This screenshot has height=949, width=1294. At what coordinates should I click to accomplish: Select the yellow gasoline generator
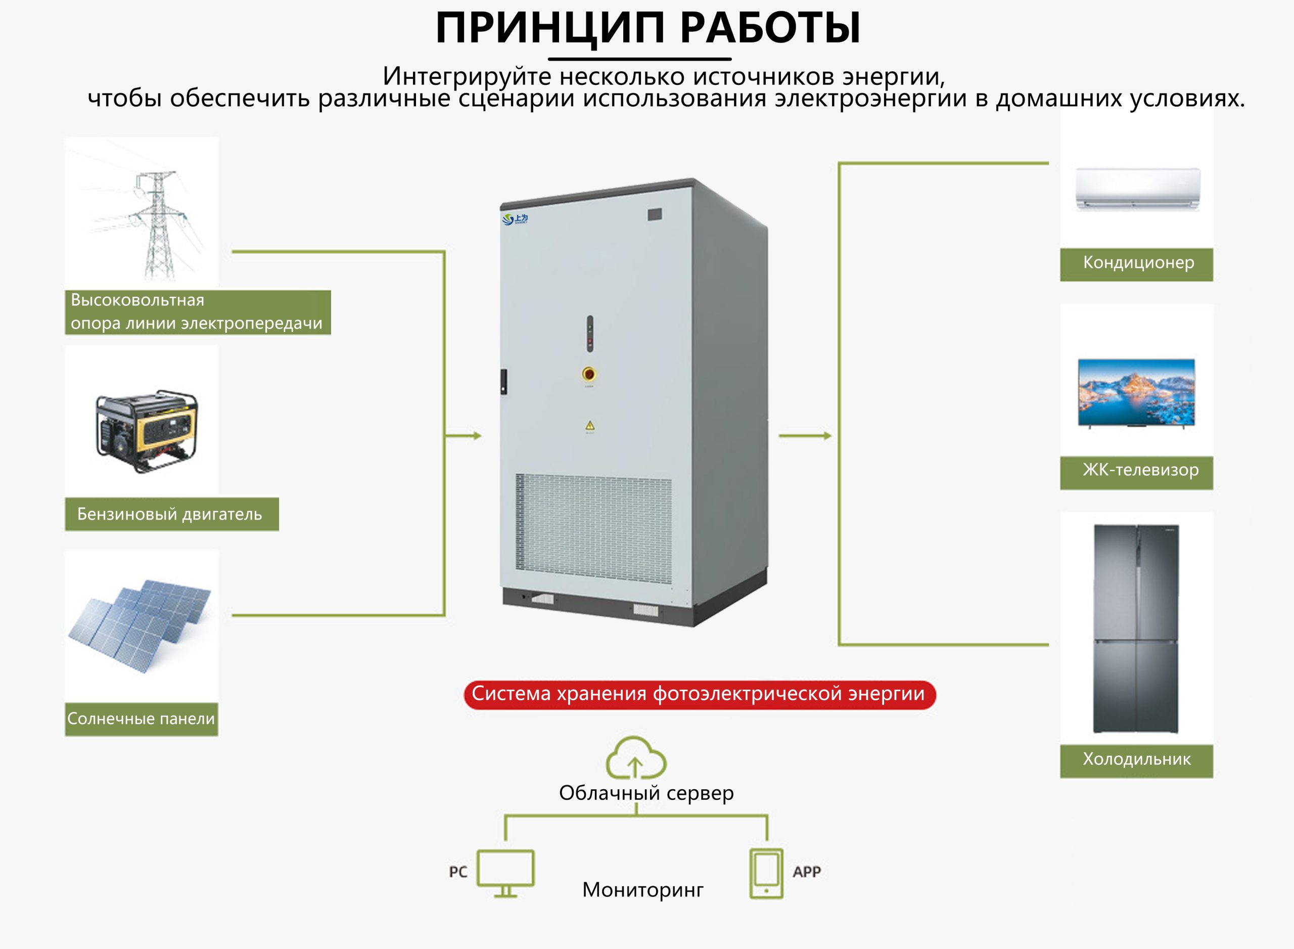[x=147, y=430]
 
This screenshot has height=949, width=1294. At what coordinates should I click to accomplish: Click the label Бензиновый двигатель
[x=170, y=514]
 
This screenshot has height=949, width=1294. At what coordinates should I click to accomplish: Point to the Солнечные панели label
[x=142, y=718]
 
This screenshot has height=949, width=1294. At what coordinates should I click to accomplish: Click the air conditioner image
[x=1137, y=189]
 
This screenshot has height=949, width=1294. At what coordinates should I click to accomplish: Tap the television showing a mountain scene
[x=1136, y=393]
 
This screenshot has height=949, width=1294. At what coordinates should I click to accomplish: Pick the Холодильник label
[x=1137, y=759]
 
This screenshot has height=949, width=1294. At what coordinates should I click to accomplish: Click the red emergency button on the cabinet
[x=589, y=375]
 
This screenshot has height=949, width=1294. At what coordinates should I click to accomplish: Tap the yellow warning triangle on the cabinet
[x=590, y=426]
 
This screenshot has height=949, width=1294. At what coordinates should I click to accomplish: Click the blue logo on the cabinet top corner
[x=515, y=219]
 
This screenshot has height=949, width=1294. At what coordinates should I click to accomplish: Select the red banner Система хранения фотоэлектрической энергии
[x=699, y=695]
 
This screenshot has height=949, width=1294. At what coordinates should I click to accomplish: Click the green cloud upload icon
[x=636, y=758]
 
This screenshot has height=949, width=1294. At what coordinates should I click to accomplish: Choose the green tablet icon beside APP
[x=766, y=873]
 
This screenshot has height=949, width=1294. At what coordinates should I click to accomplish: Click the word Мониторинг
[x=642, y=890]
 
